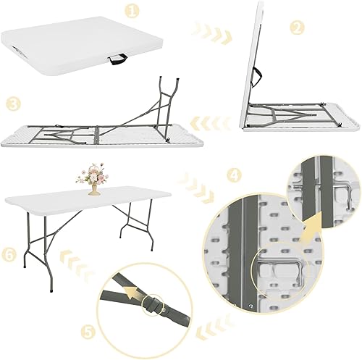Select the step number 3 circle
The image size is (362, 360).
pyautogui.click(x=12, y=104)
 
